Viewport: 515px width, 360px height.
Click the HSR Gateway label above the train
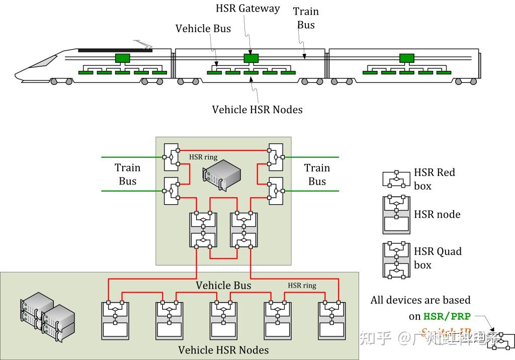tap(247, 9)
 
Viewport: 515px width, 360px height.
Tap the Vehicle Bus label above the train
tap(203, 29)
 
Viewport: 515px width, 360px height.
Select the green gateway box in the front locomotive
tap(122, 58)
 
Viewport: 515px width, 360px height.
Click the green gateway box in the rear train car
tap(406, 58)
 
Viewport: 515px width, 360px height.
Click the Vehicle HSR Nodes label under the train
tap(257, 109)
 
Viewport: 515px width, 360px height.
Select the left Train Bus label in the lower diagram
tap(127, 174)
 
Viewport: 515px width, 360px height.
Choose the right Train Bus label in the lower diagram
tap(317, 174)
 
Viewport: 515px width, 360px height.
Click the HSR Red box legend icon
tap(396, 178)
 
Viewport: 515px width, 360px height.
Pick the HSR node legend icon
tap(396, 215)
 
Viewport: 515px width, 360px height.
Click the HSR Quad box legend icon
tap(396, 260)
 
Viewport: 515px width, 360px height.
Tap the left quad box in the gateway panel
tap(203, 230)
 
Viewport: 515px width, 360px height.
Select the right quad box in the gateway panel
tap(244, 230)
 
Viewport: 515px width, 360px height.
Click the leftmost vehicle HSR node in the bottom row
tap(115, 320)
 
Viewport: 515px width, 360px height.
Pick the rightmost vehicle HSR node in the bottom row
tap(331, 320)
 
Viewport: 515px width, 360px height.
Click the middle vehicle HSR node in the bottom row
tap(223, 320)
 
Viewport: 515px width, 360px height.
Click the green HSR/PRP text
tap(447, 316)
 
